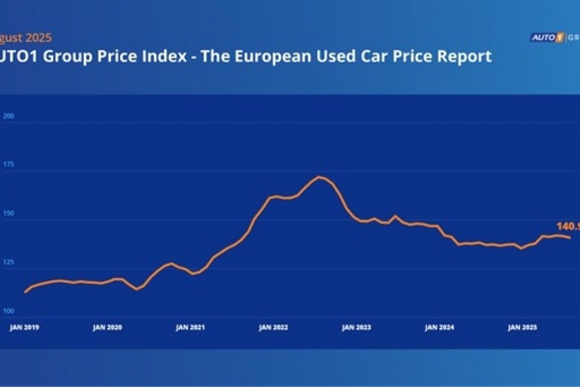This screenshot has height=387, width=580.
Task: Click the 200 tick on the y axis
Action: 10,116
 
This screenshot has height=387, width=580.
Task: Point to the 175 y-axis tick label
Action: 10,165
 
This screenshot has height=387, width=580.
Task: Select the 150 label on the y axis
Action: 10,214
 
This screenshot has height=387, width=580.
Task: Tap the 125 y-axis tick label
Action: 10,263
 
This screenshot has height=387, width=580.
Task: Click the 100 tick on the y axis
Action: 10,311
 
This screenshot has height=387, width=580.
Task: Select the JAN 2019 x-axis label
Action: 24,328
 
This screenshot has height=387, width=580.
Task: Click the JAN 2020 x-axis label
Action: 107,328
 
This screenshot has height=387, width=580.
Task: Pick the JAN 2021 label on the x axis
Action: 190,328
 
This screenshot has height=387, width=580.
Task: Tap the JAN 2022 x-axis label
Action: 273,328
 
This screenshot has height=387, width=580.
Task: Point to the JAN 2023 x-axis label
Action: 357,328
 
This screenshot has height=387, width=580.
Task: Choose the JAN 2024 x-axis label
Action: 440,328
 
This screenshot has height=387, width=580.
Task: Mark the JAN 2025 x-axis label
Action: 523,328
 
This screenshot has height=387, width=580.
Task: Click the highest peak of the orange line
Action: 319,177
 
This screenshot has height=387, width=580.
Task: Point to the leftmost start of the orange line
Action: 25,292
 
